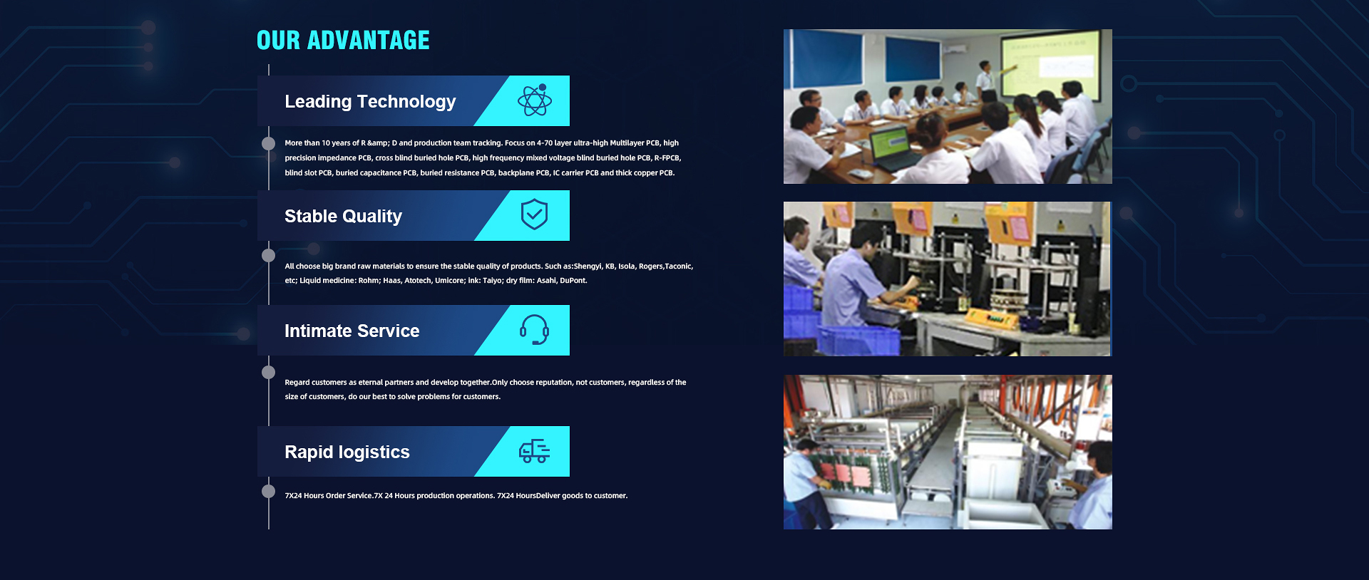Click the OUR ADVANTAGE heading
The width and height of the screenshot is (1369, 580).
343,41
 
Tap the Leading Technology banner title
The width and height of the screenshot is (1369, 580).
370,102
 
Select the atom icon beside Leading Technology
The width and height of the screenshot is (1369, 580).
535,100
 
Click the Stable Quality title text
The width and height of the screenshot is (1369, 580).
343,217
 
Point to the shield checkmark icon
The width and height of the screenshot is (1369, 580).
534,214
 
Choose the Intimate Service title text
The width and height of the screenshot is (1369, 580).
352,331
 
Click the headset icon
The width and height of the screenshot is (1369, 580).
534,329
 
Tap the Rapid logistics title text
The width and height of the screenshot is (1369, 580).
347,452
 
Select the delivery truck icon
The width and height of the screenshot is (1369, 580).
534,451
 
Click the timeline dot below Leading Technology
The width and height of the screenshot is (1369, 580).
269,143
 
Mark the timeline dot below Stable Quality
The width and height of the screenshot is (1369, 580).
269,255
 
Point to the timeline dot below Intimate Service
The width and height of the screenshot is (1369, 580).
269,372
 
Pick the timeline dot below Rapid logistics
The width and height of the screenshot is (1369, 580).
269,491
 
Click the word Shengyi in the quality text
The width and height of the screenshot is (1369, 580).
588,266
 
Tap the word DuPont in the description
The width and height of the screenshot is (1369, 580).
573,281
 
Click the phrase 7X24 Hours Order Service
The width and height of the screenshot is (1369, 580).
329,496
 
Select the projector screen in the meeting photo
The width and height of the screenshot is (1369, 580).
1050,64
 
